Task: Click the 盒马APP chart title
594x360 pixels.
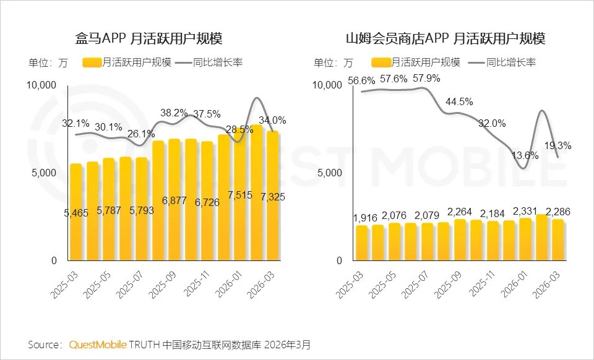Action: (148, 38)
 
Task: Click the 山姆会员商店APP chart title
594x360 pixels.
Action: (445, 38)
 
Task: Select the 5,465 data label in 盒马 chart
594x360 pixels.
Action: (75, 213)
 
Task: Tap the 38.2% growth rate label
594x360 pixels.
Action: (174, 113)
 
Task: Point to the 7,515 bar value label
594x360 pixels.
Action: (240, 195)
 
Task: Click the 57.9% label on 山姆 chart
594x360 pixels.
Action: (426, 79)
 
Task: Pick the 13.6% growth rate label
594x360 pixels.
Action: (525, 155)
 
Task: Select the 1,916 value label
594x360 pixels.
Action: (366, 218)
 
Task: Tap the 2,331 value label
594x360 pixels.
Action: (525, 211)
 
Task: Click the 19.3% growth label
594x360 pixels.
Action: (557, 146)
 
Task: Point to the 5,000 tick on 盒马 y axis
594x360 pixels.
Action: (43, 173)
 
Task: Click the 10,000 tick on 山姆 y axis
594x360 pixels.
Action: (327, 85)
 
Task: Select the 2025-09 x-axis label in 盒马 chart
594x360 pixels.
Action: (162, 285)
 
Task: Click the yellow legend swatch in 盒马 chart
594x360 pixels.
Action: (92, 62)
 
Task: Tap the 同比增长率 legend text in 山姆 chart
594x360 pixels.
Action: (511, 62)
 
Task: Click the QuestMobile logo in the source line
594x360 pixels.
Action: (98, 345)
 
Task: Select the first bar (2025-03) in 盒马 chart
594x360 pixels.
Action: (76, 212)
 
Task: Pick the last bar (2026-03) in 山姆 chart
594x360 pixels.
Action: (557, 240)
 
